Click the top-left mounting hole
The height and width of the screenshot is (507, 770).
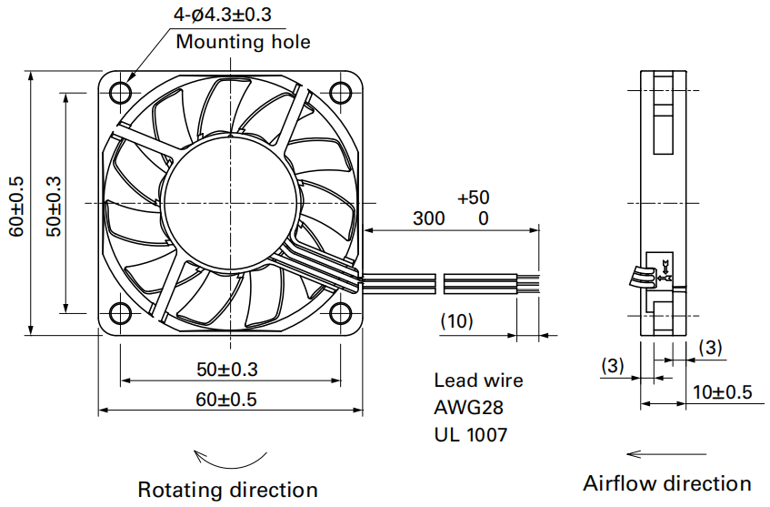120,93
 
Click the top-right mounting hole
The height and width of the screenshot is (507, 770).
341,93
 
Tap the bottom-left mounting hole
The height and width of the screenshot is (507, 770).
120,314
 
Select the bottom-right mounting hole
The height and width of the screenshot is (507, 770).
341,314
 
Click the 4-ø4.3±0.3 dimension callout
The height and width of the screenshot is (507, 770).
222,14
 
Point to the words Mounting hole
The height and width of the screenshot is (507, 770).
243,42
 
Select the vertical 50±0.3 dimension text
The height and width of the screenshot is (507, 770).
54,207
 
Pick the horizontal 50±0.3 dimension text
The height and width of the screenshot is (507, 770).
227,370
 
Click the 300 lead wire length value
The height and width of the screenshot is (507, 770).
429,218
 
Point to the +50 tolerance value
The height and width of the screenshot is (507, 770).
474,198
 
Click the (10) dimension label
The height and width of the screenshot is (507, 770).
456,321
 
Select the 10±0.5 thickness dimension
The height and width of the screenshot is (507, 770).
723,392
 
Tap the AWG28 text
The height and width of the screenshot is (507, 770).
468,407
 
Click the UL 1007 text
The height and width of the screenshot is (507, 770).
470,435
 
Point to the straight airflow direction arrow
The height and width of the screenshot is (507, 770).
666,453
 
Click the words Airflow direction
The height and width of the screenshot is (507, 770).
667,483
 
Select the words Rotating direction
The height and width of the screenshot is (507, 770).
227,490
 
